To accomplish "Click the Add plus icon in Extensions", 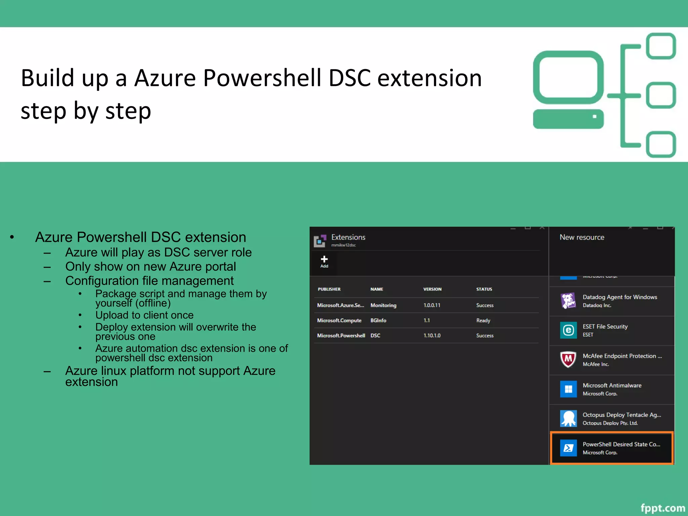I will (324, 259).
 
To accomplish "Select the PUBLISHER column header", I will (329, 289).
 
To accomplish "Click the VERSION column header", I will (432, 289).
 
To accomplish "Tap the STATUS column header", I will (484, 289).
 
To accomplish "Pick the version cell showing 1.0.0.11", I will (432, 305).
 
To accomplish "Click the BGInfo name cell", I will (378, 320).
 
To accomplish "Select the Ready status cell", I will (483, 320).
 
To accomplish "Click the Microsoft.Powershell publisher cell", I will (341, 336).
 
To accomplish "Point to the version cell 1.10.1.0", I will (432, 336).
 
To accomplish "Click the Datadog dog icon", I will (568, 301).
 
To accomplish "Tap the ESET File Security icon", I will (568, 330).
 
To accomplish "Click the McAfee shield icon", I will (568, 359).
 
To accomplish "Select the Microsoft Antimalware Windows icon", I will (568, 389).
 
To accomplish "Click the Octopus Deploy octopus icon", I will (568, 419).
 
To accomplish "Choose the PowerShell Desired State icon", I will (568, 448).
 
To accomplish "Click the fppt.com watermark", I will (662, 508).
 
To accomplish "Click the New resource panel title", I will (582, 238).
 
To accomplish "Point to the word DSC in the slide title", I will (349, 78).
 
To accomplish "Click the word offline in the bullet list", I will (153, 303).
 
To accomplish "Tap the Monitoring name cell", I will (383, 305).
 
